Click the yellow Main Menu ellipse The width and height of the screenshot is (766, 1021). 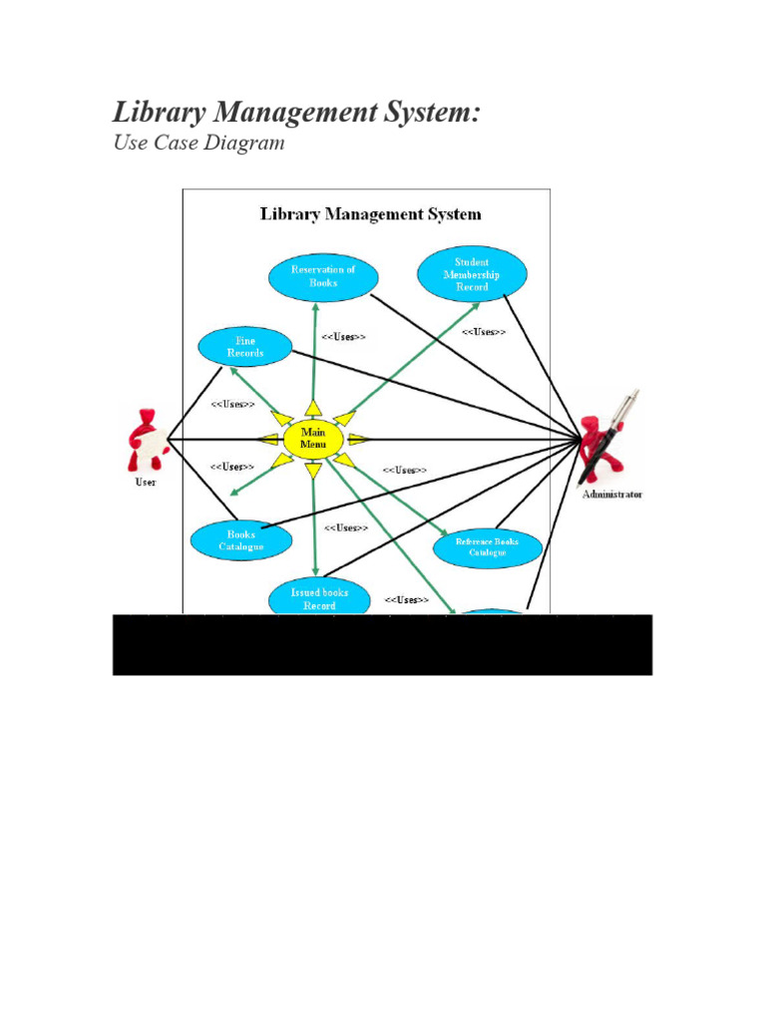pyautogui.click(x=313, y=440)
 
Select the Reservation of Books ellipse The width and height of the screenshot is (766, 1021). pyautogui.click(x=322, y=276)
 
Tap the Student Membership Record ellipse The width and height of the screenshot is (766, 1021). pyautogui.click(x=472, y=274)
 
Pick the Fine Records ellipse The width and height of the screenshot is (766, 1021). pyautogui.click(x=245, y=347)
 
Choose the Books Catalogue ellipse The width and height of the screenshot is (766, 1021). pyautogui.click(x=240, y=540)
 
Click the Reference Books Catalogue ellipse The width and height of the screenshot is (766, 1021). pyautogui.click(x=488, y=547)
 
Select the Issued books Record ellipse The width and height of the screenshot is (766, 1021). pyautogui.click(x=320, y=598)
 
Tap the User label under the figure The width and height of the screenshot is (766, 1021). pyautogui.click(x=146, y=483)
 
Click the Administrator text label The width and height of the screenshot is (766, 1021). pyautogui.click(x=612, y=494)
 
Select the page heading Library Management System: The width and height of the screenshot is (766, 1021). pyautogui.click(x=296, y=113)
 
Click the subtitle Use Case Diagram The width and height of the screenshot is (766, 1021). pyautogui.click(x=198, y=143)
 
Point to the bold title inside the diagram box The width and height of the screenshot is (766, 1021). pyautogui.click(x=370, y=214)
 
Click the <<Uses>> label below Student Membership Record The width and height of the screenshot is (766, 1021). pyautogui.click(x=483, y=332)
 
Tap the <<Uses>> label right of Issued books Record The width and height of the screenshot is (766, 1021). pyautogui.click(x=406, y=599)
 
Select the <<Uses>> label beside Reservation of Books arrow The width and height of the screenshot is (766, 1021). pyautogui.click(x=343, y=337)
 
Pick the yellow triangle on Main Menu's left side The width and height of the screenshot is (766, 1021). pyautogui.click(x=267, y=440)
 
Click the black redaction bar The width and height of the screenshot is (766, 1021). pyautogui.click(x=382, y=645)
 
